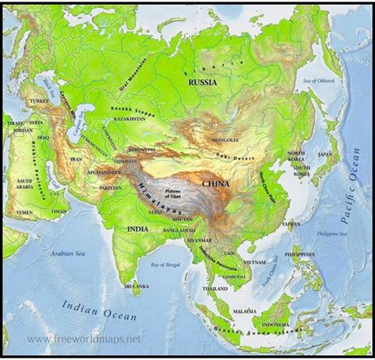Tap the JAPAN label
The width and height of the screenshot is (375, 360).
click(x=324, y=155)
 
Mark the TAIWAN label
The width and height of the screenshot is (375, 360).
click(x=290, y=225)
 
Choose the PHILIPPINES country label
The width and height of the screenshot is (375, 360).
click(x=297, y=256)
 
